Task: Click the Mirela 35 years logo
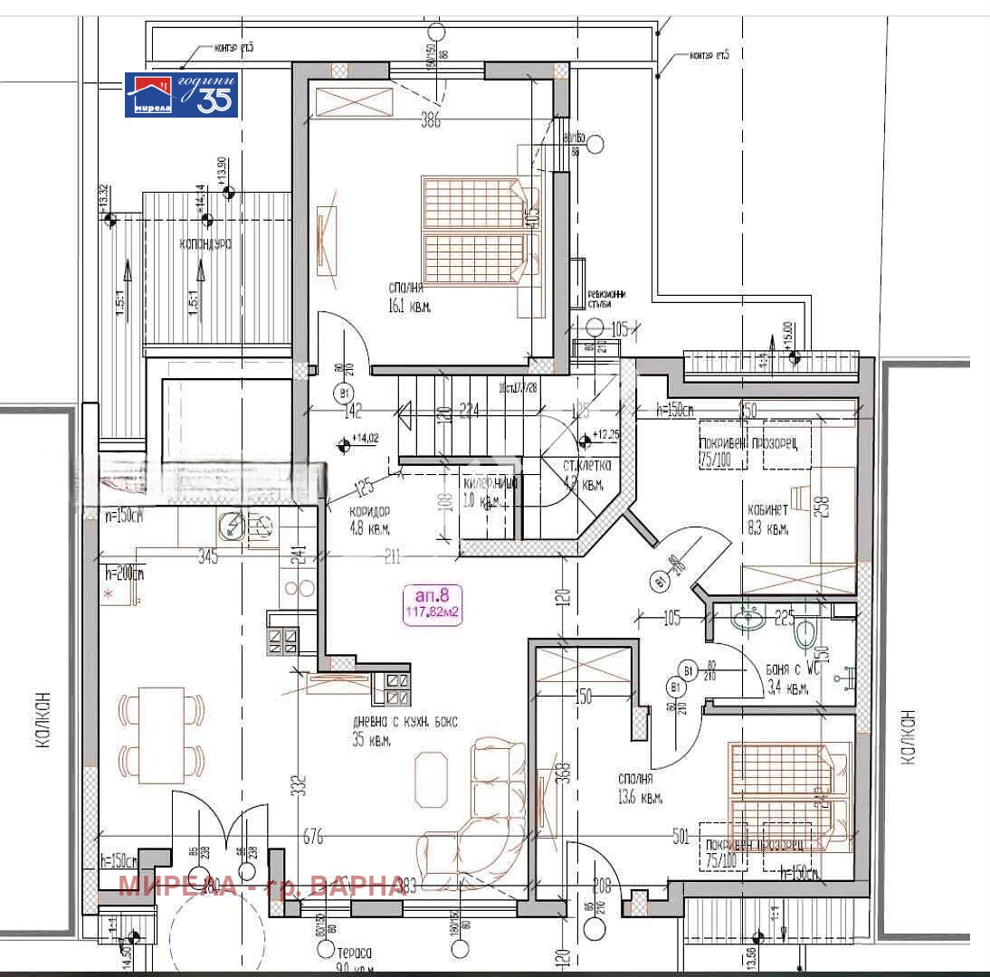pos(181,94)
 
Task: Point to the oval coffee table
pos(431,777)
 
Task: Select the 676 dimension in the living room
pos(312,837)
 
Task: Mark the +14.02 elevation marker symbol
pos(343,443)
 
